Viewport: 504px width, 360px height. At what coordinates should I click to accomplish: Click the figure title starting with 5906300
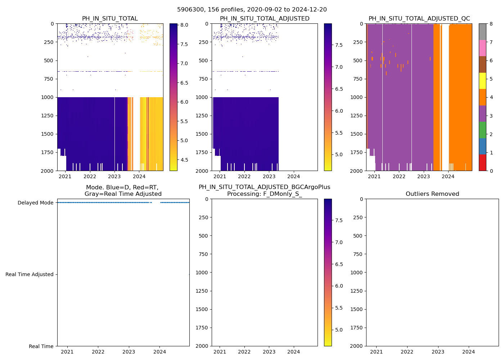(x=252, y=10)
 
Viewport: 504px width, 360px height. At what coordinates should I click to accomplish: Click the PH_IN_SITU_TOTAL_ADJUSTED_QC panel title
(x=419, y=19)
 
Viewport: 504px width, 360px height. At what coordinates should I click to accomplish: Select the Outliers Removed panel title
(x=432, y=194)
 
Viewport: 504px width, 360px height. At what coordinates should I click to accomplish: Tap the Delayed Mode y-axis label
(x=35, y=203)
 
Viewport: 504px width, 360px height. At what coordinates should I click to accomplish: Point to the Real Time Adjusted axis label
(x=30, y=274)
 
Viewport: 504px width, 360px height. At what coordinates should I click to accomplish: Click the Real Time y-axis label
(x=41, y=346)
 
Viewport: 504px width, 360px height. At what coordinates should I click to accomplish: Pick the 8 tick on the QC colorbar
(x=491, y=24)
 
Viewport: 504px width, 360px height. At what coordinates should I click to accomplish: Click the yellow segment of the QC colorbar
(x=482, y=81)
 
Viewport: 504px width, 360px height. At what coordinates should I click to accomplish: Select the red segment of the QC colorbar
(x=482, y=162)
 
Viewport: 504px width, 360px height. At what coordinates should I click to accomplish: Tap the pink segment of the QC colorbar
(x=482, y=48)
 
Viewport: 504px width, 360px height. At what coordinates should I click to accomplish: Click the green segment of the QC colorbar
(x=482, y=130)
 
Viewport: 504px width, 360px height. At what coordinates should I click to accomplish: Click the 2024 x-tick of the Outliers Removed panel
(x=469, y=352)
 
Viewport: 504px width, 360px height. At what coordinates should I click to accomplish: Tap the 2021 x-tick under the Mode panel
(x=67, y=352)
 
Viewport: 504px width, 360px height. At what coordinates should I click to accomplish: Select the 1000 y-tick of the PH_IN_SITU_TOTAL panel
(x=48, y=97)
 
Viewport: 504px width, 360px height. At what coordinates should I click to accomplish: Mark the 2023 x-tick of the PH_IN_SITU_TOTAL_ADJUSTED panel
(x=269, y=176)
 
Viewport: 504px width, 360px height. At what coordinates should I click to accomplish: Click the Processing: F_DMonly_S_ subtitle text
(x=264, y=194)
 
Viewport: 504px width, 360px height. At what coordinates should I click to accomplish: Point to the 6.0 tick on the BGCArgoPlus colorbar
(x=339, y=286)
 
